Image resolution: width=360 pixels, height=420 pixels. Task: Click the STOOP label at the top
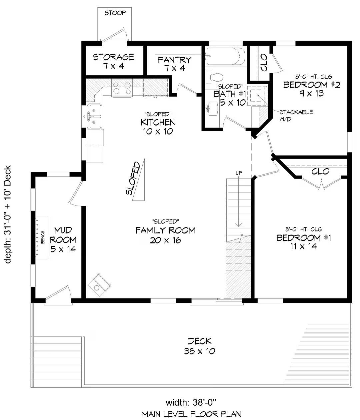115,13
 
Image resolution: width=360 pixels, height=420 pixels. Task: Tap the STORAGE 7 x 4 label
113,61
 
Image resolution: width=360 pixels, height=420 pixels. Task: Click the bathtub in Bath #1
225,56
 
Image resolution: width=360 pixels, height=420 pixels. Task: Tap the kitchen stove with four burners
122,88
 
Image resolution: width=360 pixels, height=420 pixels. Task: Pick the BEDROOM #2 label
311,89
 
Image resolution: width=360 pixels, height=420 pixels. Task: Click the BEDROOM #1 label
303,242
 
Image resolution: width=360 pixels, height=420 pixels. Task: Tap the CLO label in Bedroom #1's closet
320,172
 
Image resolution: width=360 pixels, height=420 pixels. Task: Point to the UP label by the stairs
239,173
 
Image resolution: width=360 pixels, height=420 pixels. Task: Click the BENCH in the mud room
42,236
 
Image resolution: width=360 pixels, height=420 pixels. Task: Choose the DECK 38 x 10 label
199,346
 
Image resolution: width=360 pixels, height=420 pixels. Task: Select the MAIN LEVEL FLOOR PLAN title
191,414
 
